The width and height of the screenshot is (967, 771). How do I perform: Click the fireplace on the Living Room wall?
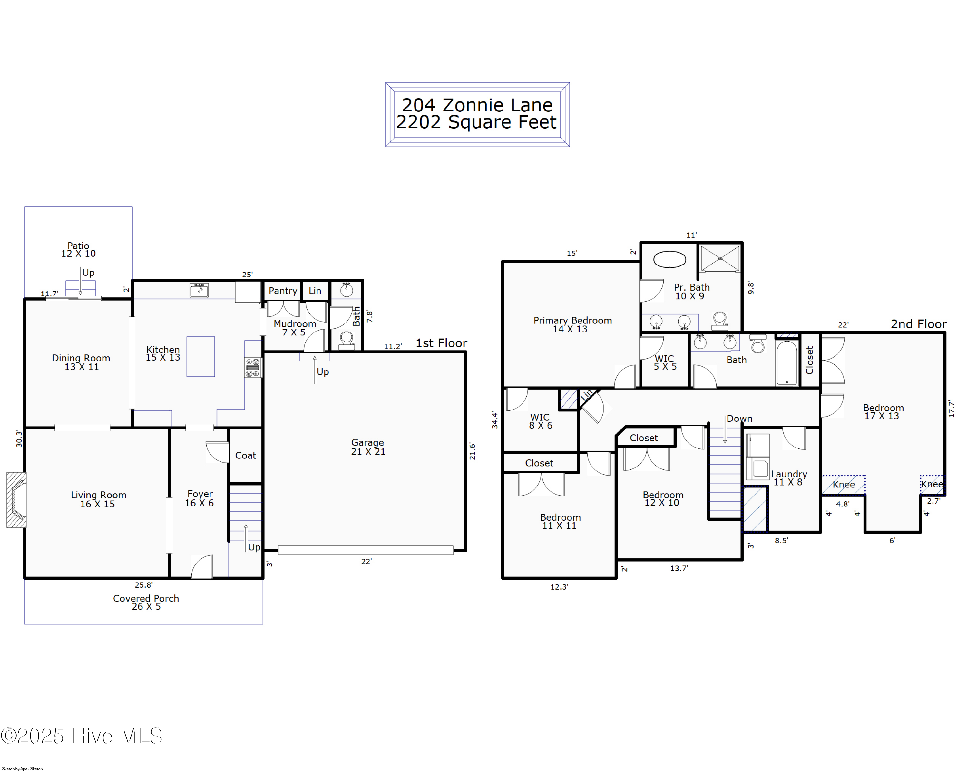[16, 500]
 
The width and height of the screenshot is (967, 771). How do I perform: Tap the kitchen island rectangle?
[200, 356]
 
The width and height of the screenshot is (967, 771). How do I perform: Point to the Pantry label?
[283, 291]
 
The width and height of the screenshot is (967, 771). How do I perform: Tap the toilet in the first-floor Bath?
[346, 340]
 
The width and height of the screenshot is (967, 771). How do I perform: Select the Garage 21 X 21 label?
[368, 447]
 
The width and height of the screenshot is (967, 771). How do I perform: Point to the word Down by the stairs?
[739, 419]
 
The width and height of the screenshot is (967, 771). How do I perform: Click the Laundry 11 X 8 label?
[789, 478]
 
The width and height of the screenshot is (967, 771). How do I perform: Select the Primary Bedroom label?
[572, 324]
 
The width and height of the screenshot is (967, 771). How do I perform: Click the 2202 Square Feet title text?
[476, 122]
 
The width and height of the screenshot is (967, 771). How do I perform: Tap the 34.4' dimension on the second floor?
[495, 419]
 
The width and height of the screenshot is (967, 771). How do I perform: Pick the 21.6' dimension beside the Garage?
[472, 451]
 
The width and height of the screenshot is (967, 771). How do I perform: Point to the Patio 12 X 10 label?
[79, 250]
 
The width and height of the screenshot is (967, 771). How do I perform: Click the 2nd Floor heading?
[919, 324]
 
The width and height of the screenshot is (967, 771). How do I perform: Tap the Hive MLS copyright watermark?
[82, 736]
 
